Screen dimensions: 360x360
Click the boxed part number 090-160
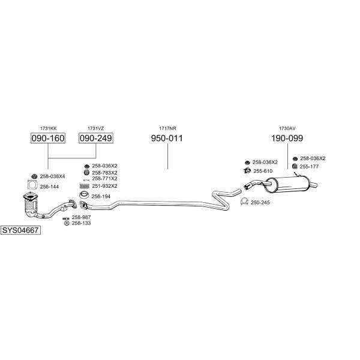click(48, 138)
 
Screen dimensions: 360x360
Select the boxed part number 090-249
click(96, 138)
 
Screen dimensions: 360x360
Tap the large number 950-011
click(167, 138)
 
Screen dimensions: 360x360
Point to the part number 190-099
click(287, 138)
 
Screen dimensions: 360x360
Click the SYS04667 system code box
click(20, 230)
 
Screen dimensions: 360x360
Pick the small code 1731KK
click(48, 128)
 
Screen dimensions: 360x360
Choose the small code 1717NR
click(167, 128)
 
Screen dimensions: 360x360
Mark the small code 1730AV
click(287, 128)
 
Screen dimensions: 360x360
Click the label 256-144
click(49, 187)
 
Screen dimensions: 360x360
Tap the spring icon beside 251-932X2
click(84, 186)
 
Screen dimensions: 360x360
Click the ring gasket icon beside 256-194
click(84, 195)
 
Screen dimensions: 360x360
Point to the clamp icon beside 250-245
click(244, 202)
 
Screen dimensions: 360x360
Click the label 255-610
click(263, 171)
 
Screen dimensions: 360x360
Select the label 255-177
click(309, 166)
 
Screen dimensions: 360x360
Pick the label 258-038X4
click(52, 176)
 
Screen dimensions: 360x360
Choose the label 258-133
click(81, 223)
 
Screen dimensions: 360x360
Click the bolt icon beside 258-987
click(66, 218)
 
